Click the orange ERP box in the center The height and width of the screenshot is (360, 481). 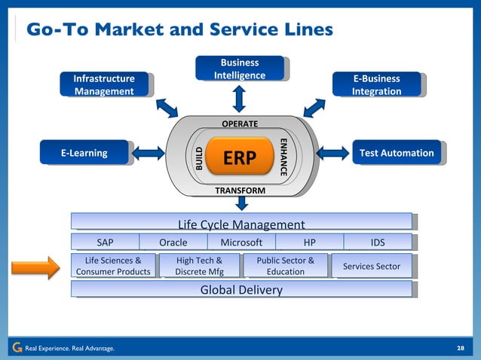(240, 157)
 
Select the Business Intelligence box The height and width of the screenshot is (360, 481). (239, 69)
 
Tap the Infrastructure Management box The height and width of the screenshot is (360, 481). (104, 84)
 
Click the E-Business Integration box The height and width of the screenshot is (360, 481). (376, 84)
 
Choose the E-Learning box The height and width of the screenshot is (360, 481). (84, 153)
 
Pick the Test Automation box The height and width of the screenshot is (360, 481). (397, 153)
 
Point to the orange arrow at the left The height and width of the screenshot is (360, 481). (35, 266)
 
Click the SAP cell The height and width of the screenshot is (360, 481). (106, 243)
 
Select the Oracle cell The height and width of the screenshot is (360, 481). (173, 243)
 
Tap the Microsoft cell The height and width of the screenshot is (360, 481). (241, 243)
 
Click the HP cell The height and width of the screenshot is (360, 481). (309, 243)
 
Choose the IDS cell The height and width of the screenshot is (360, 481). (378, 243)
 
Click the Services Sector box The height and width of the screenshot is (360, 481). (372, 266)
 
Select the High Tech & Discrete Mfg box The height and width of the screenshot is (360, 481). (199, 266)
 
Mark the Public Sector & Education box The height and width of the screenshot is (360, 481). (285, 266)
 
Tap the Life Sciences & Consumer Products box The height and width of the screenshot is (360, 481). (113, 266)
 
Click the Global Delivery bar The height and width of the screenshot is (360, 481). (241, 290)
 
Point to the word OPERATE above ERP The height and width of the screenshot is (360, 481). (240, 124)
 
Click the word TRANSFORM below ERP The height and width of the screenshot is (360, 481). (240, 191)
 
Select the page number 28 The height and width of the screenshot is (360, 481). (461, 348)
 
